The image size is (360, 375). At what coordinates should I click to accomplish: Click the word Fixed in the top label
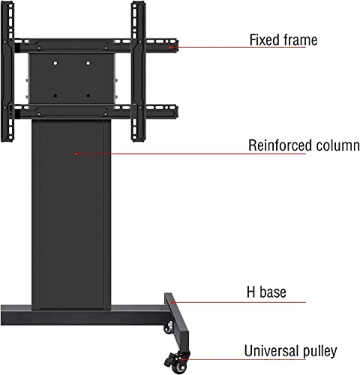point(264,40)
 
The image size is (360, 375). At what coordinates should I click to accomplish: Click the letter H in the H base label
point(251,292)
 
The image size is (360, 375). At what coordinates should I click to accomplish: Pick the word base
point(273,292)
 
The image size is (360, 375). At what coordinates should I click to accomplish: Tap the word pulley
point(319,352)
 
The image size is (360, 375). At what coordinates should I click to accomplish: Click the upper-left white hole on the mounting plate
point(55,63)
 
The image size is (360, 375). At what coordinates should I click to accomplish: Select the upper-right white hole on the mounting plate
point(88,63)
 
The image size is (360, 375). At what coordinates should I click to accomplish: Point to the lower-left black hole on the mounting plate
point(55,95)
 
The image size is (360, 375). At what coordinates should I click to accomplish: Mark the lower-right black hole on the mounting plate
point(88,95)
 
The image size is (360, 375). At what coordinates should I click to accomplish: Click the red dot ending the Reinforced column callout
point(76,154)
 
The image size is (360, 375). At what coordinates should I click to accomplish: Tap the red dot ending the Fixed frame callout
point(169,46)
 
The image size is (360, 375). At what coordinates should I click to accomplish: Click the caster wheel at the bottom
point(177,362)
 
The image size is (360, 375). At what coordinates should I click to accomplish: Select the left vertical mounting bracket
point(7,72)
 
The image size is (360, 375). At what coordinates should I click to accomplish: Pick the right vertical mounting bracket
point(138,72)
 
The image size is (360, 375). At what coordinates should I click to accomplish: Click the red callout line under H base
point(238,302)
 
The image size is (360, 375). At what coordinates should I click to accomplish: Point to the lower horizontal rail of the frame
point(96,112)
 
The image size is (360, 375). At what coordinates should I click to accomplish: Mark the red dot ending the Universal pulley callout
point(183,359)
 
